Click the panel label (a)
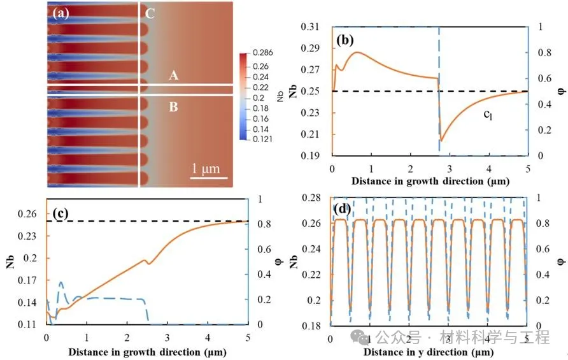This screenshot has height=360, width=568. pyautogui.click(x=60, y=12)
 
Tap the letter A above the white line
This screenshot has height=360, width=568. pyautogui.click(x=173, y=76)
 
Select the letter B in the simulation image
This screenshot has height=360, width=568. pyautogui.click(x=173, y=107)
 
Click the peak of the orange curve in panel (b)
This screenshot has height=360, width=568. pyautogui.click(x=358, y=52)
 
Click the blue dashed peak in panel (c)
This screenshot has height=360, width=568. pyautogui.click(x=61, y=282)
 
